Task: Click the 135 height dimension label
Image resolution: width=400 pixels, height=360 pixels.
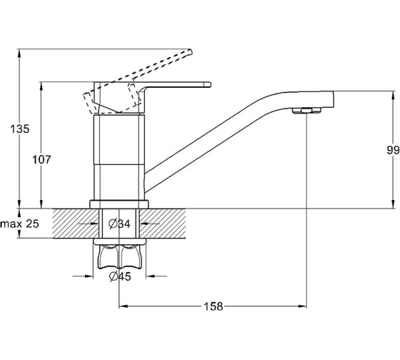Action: (20, 129)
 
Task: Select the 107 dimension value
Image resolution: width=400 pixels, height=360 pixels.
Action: (41, 160)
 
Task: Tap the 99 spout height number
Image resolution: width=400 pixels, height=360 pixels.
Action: (393, 150)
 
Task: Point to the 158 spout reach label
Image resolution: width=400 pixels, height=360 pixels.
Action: (213, 306)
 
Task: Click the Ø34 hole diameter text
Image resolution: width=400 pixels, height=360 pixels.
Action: (119, 224)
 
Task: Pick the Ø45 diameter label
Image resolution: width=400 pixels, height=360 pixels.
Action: (120, 276)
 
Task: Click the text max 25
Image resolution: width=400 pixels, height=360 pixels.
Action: (20, 224)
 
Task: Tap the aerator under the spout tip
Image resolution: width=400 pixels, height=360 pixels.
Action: (306, 110)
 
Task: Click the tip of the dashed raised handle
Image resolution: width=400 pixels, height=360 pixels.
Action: (190, 51)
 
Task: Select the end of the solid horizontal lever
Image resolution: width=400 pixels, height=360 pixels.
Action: (210, 84)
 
